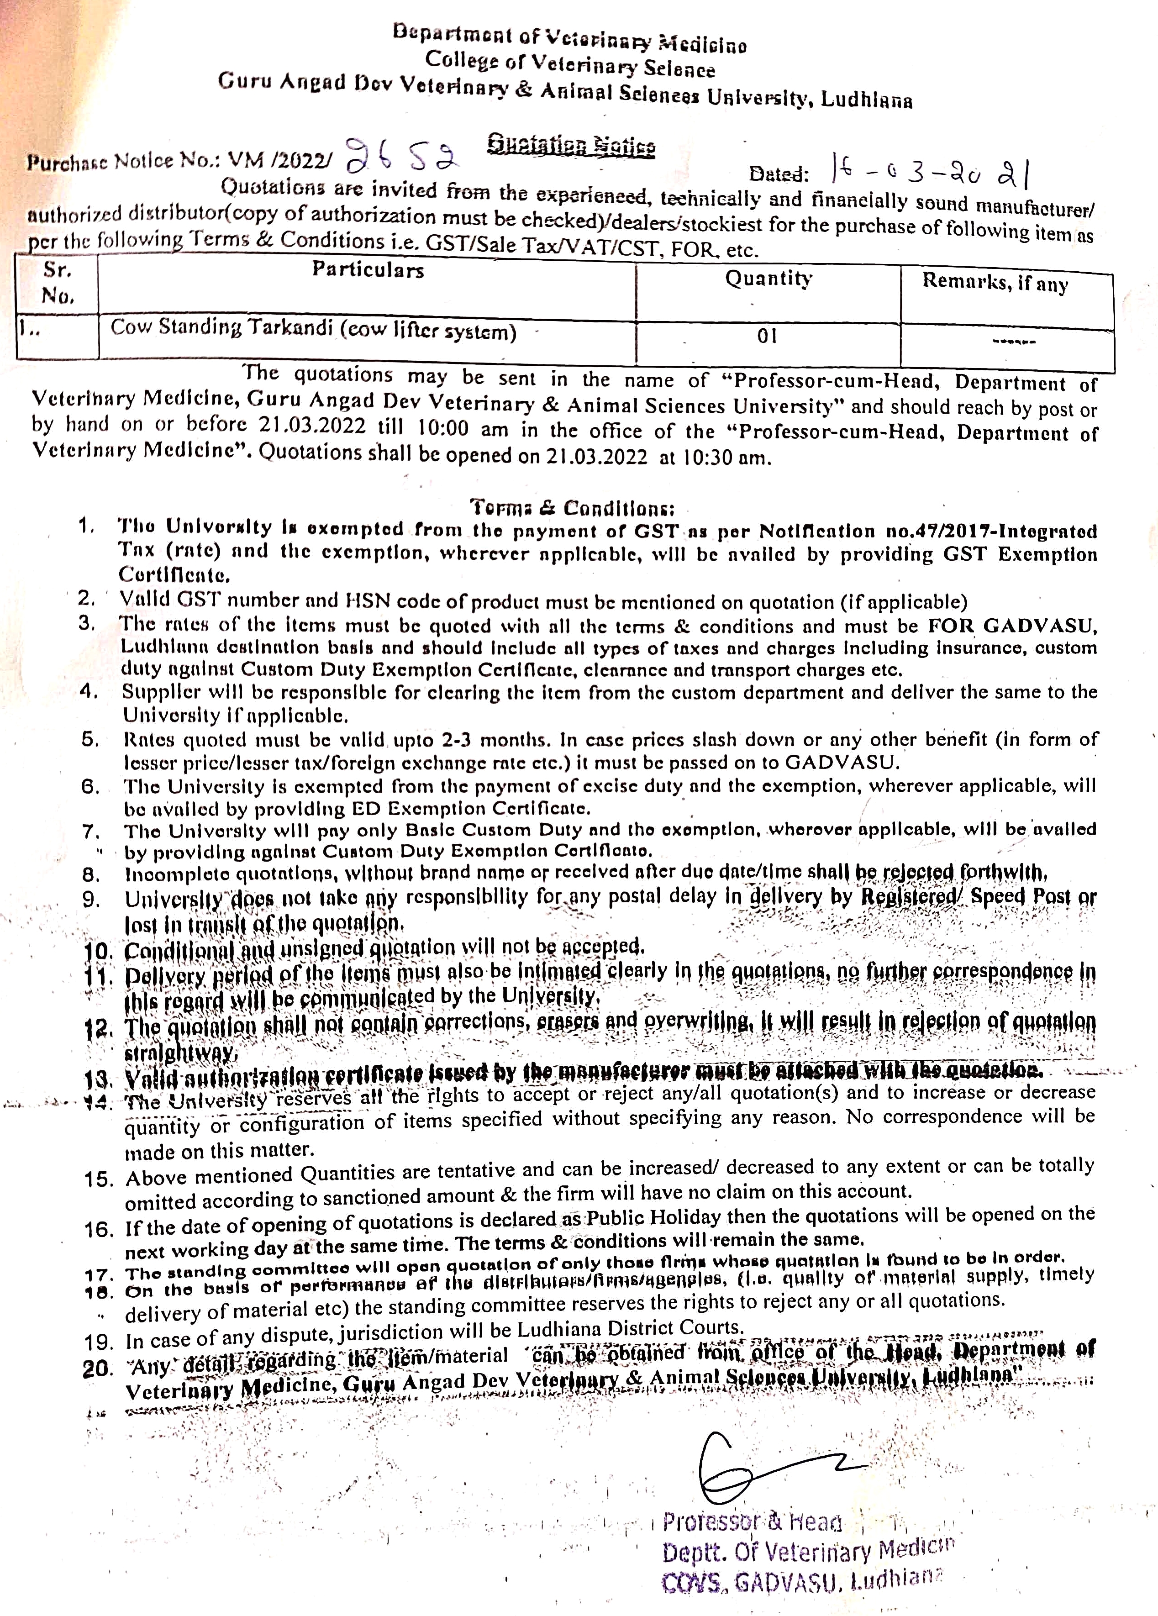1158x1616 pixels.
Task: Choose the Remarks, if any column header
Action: pyautogui.click(x=995, y=282)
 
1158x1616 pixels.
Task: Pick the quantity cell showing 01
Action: pyautogui.click(x=768, y=337)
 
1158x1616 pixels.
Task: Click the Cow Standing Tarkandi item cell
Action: pyautogui.click(x=314, y=330)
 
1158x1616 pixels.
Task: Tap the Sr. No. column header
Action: pyautogui.click(x=58, y=283)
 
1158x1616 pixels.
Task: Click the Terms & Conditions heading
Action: pyautogui.click(x=572, y=508)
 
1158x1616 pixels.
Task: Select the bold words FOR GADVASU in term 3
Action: pyautogui.click(x=1012, y=626)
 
